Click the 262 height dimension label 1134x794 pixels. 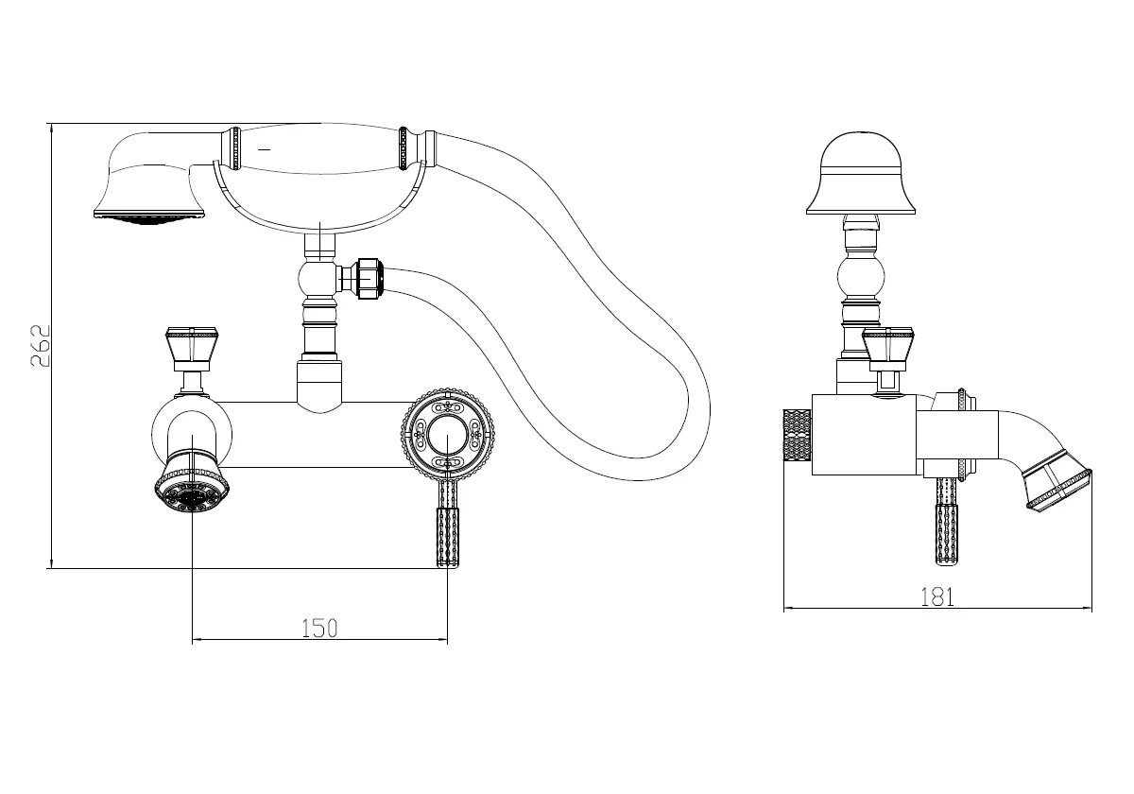tap(41, 346)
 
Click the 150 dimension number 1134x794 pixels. tap(319, 629)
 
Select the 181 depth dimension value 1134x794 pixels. tap(937, 596)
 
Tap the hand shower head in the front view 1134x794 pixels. tap(150, 178)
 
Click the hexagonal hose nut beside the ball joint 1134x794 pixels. tap(370, 278)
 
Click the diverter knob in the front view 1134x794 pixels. tap(191, 350)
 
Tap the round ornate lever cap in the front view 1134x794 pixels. tap(448, 434)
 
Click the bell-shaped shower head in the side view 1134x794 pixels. tap(861, 173)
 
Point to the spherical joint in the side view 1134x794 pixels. tap(861, 278)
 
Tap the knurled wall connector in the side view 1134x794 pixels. tap(798, 435)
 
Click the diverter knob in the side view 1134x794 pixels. tap(888, 350)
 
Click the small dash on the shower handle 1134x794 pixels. tap(264, 149)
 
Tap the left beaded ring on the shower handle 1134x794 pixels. tap(234, 148)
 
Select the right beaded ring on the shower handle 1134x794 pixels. tap(404, 147)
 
